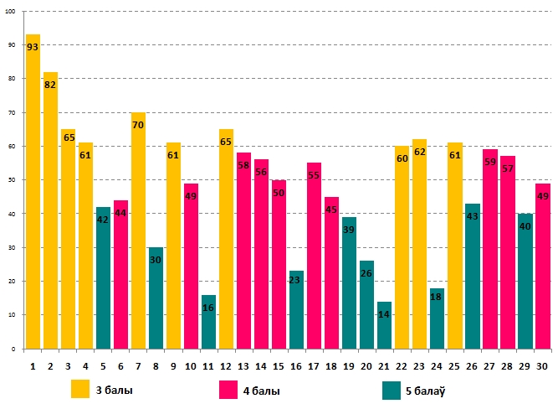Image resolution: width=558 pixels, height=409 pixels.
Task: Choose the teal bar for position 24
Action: (x=437, y=324)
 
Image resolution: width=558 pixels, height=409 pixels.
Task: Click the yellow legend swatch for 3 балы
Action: (x=80, y=389)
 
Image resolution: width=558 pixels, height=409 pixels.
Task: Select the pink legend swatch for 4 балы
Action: (x=228, y=389)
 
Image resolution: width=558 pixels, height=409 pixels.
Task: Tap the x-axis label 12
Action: (x=226, y=365)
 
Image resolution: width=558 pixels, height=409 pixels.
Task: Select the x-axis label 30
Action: (x=542, y=365)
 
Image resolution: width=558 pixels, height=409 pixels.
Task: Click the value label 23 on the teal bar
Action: (x=296, y=282)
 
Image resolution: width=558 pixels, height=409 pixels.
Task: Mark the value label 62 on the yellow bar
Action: (x=419, y=153)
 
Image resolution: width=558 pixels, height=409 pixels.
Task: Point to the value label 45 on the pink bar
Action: (x=331, y=210)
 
